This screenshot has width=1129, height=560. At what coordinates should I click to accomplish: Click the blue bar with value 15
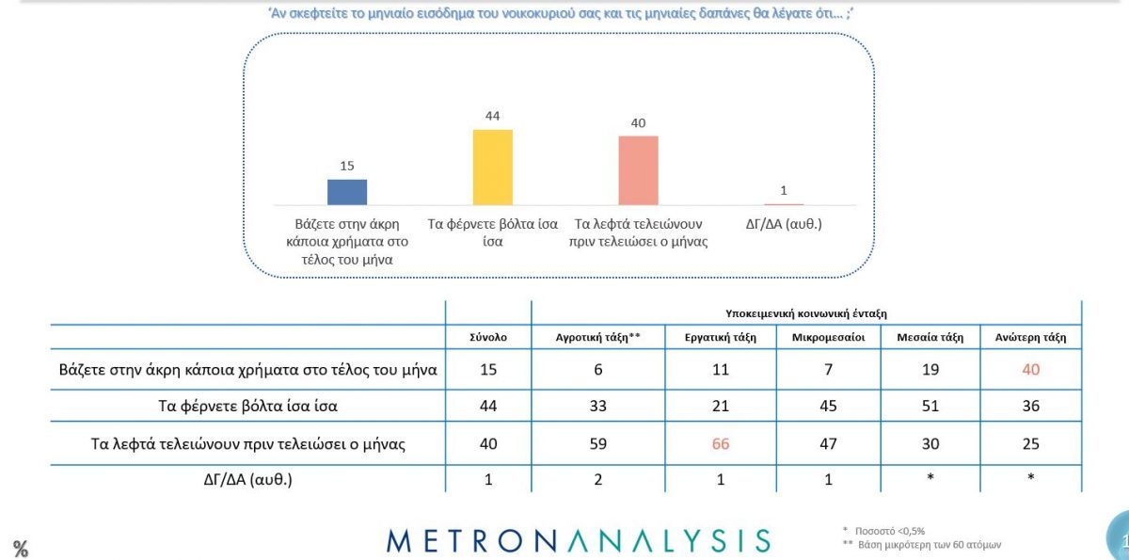coord(346,192)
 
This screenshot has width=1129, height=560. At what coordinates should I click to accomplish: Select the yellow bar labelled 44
coord(492,167)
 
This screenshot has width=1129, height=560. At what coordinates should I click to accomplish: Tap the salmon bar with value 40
coord(638,170)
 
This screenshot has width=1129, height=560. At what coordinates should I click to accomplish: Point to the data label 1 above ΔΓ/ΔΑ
coord(784,190)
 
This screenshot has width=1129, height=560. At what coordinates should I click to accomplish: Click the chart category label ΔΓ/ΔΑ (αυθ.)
coord(783,225)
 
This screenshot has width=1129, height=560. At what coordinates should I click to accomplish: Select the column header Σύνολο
coord(488,337)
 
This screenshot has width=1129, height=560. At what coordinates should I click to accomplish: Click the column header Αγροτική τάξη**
coord(599,337)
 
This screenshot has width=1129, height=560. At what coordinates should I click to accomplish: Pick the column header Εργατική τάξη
coord(720,337)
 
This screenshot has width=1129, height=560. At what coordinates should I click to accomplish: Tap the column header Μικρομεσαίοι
coord(828,337)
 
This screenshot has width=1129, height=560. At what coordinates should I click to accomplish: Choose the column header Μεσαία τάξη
coord(930,337)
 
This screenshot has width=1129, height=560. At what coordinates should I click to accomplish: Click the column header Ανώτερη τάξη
coord(1030,337)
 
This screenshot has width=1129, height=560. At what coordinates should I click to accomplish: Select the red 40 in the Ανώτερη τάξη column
coord(1031,370)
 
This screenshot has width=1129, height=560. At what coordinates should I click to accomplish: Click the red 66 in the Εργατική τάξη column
coord(721,444)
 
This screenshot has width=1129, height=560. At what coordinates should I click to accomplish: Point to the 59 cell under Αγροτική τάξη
coord(599,444)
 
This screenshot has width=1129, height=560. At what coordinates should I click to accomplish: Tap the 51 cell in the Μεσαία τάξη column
coord(930,407)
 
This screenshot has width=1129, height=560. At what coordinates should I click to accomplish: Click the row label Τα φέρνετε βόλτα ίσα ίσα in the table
coord(249,407)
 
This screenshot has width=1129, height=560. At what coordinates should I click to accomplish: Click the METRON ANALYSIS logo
coord(578,540)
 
